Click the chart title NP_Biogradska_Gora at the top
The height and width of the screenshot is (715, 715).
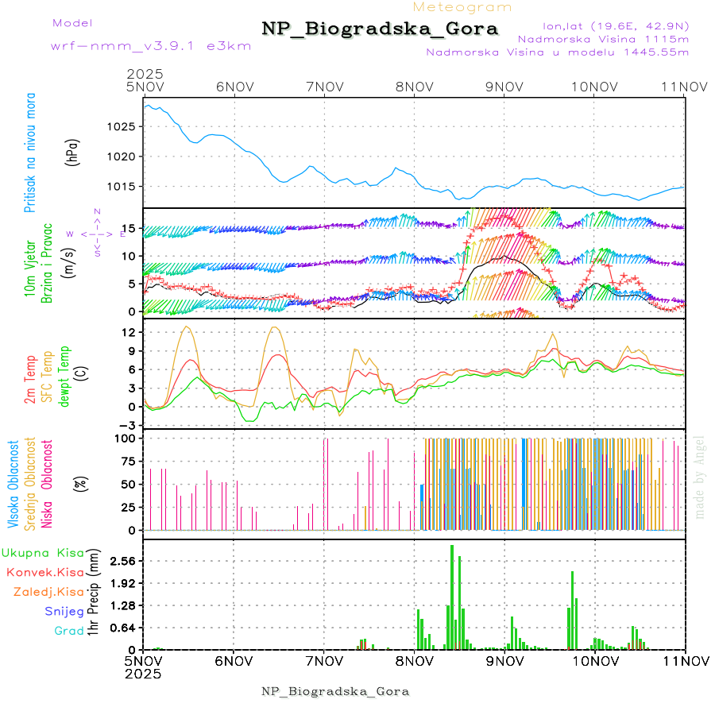(x=380, y=29)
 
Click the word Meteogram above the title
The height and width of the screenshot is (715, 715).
(x=463, y=7)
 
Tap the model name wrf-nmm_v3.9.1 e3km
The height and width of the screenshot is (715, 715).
(x=129, y=45)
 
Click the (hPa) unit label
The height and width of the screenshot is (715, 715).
(x=73, y=152)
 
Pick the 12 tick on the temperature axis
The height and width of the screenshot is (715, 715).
(x=127, y=332)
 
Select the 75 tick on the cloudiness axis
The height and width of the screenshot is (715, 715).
(x=126, y=460)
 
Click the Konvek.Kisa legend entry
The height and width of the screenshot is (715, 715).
(x=44, y=572)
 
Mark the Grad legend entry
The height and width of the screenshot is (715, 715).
(x=68, y=631)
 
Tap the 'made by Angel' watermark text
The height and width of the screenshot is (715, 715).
(x=700, y=477)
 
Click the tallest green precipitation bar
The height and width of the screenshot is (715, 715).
(x=452, y=597)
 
